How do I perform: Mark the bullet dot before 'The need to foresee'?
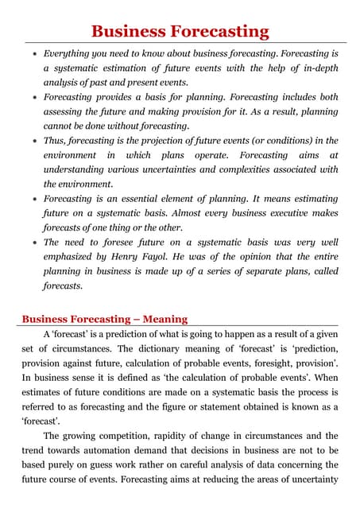point(30,243)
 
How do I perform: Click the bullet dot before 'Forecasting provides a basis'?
point(30,98)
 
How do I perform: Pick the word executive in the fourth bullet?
point(273,213)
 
